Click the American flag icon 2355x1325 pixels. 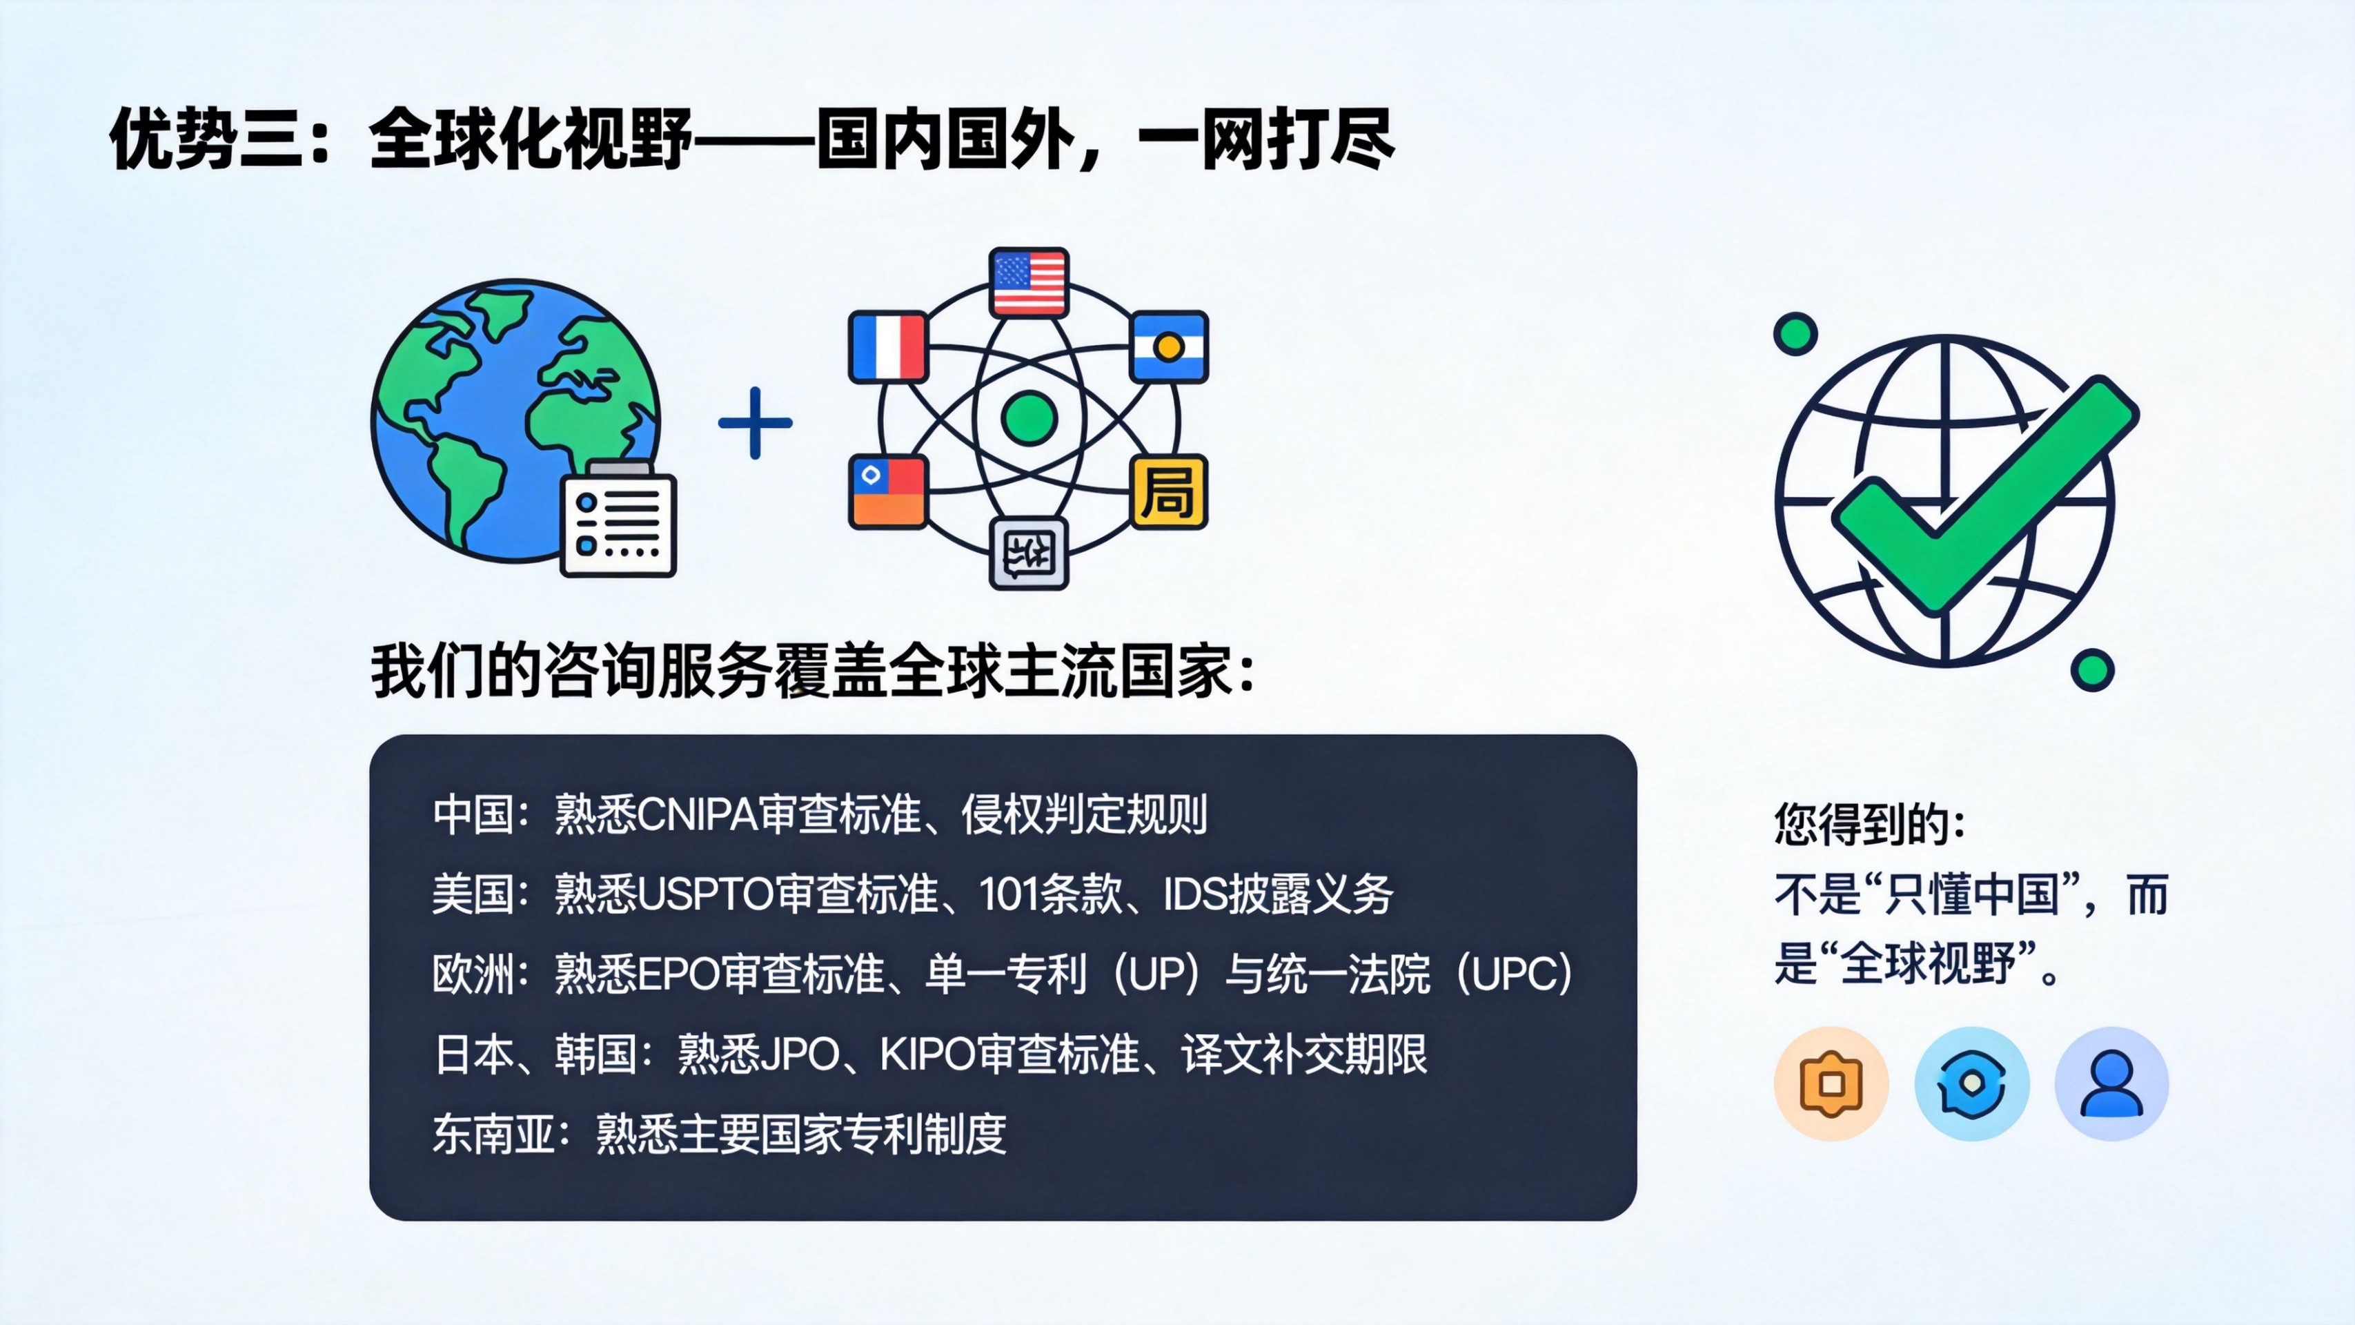point(1029,282)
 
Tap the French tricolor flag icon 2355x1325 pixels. point(887,346)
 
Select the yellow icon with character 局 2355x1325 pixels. point(1170,492)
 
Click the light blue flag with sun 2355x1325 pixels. point(1170,346)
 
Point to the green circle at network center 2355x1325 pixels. point(1029,418)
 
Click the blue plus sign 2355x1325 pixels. point(755,422)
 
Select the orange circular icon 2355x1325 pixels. point(1831,1083)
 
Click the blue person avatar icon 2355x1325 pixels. point(2112,1083)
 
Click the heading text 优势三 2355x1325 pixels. point(206,139)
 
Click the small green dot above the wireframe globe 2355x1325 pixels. point(1795,334)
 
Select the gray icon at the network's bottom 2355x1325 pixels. point(1029,553)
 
